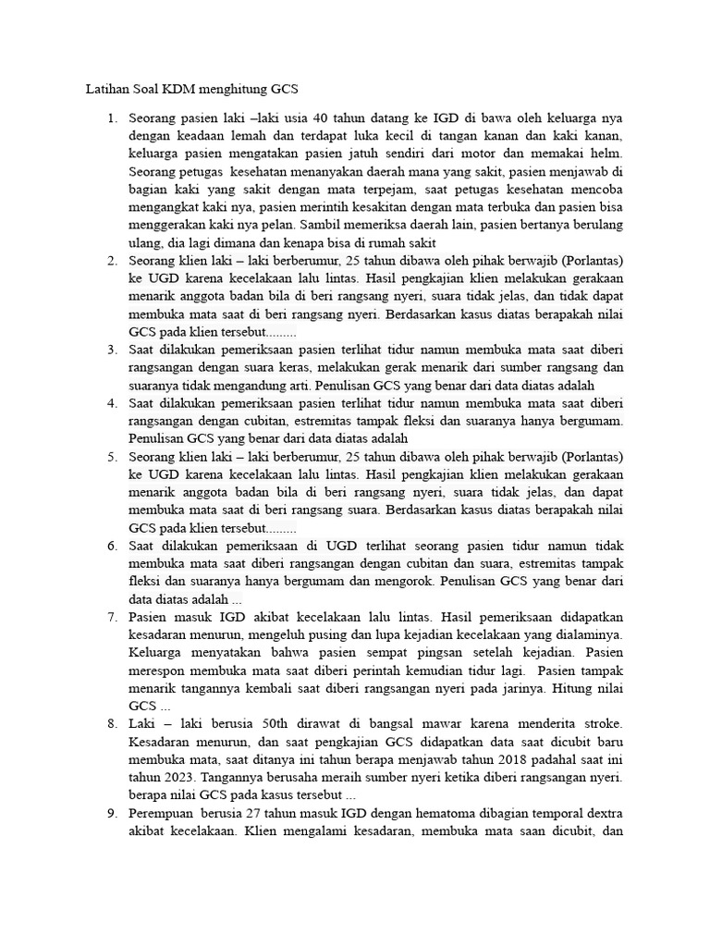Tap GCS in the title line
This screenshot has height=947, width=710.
[x=284, y=90]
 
